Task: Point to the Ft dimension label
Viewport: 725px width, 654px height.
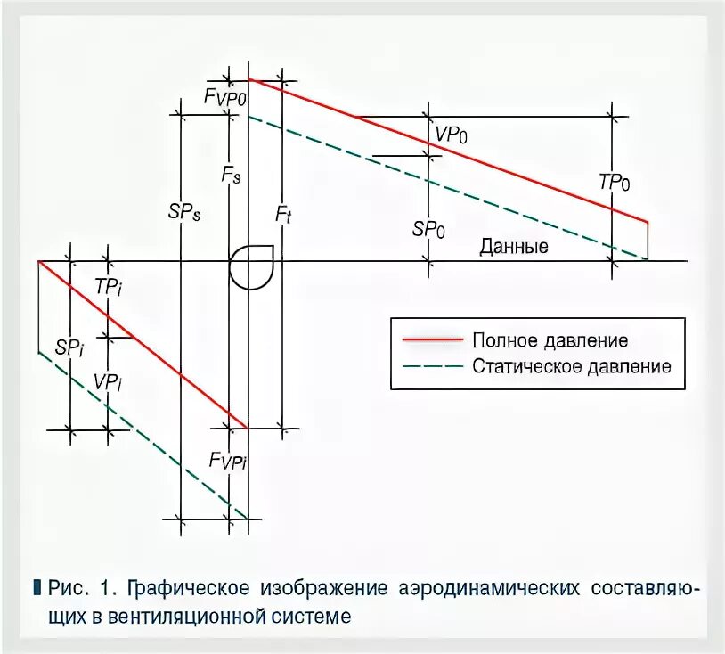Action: pos(281,214)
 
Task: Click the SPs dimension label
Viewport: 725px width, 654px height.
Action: pos(183,213)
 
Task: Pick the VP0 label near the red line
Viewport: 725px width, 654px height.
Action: pos(451,135)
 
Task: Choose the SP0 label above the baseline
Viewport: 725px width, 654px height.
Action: pos(428,228)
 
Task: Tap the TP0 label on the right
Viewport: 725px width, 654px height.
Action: pos(614,183)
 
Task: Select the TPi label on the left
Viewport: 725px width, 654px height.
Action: pos(108,288)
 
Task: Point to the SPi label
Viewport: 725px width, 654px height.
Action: pos(69,347)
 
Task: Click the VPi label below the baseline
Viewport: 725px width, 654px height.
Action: pos(107,381)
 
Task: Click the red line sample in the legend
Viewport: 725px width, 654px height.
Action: pos(433,340)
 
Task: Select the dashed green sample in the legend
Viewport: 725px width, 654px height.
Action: pos(433,366)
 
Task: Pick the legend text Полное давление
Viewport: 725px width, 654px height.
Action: pos(550,340)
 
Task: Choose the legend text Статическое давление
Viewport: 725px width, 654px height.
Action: pos(571,366)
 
